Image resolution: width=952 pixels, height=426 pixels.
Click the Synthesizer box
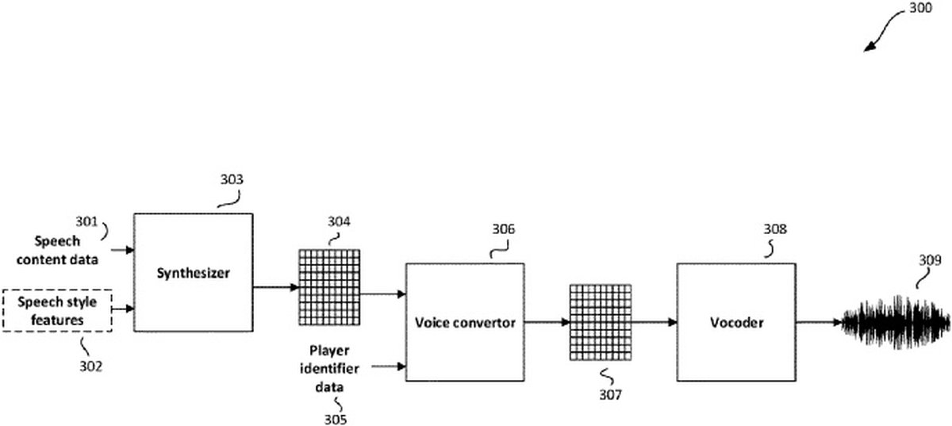click(x=193, y=272)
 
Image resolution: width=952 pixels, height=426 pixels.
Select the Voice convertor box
click(x=465, y=323)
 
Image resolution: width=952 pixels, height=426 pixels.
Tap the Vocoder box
click(x=735, y=323)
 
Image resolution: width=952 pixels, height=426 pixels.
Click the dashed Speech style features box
click(x=58, y=311)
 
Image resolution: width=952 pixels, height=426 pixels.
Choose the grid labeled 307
click(x=601, y=323)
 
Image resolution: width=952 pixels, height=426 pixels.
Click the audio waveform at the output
click(x=896, y=322)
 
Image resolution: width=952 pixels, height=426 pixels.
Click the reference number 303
click(x=232, y=179)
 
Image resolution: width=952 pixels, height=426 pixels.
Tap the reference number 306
click(x=502, y=230)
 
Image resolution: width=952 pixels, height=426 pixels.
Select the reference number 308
click(x=775, y=230)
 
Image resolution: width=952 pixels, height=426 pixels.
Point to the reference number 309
click(x=931, y=259)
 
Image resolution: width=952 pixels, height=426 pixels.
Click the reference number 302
click(x=90, y=366)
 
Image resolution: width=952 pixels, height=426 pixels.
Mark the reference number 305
click(x=335, y=418)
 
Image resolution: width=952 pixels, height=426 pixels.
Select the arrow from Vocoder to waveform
click(x=819, y=323)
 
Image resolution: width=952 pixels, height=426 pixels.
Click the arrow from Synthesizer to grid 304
click(x=275, y=286)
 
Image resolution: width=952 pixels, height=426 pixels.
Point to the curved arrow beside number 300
click(x=885, y=32)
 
